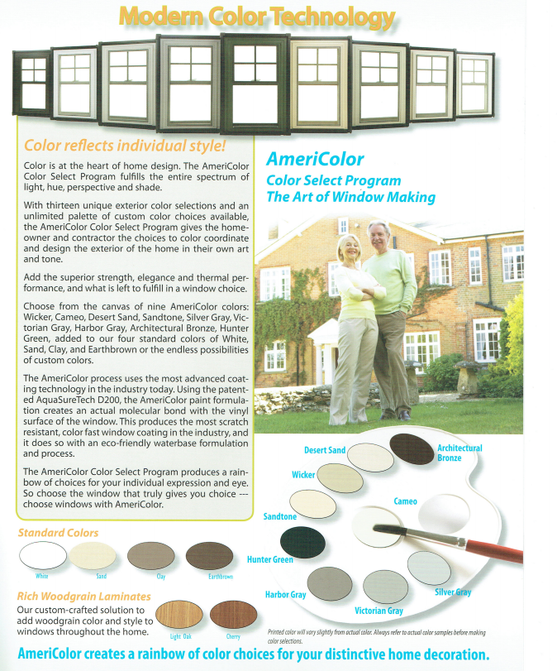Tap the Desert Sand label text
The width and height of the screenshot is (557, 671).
pyautogui.click(x=325, y=450)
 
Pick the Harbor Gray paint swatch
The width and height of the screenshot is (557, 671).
pyautogui.click(x=330, y=583)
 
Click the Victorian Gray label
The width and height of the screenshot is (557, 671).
pyautogui.click(x=378, y=611)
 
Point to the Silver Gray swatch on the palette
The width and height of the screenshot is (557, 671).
pyautogui.click(x=431, y=565)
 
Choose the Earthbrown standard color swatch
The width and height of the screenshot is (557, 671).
pyautogui.click(x=209, y=555)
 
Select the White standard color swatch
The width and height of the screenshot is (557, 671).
pyautogui.click(x=42, y=555)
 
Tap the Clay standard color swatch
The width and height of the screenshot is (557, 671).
pyautogui.click(x=150, y=555)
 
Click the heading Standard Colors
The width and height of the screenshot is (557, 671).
pyautogui.click(x=58, y=532)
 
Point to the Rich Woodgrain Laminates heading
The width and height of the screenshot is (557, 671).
pyautogui.click(x=83, y=596)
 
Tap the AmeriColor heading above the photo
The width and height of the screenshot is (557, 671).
pyautogui.click(x=315, y=160)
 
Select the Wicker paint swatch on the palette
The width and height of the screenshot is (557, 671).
pyautogui.click(x=340, y=477)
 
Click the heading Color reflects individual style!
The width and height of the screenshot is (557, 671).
pyautogui.click(x=125, y=146)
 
